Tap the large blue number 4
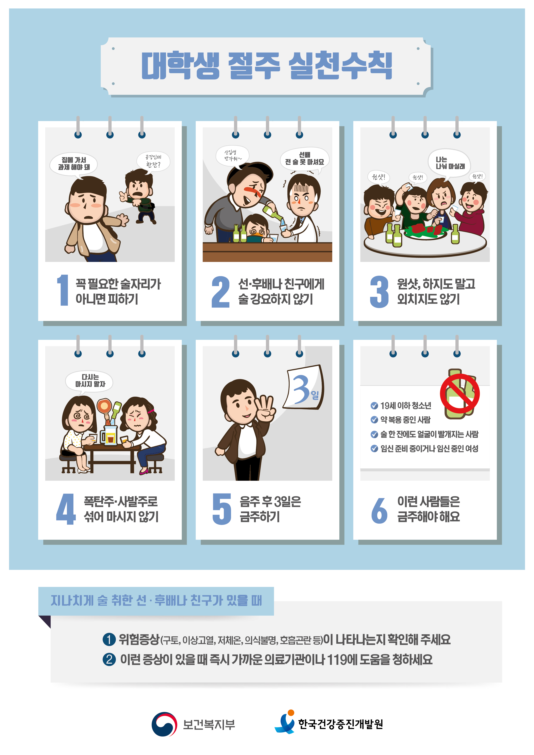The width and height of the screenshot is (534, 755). tap(66, 509)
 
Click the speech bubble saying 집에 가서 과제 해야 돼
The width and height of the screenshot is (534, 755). tap(74, 164)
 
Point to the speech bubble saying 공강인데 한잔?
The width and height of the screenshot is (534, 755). tap(153, 161)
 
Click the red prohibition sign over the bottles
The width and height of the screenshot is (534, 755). tap(460, 393)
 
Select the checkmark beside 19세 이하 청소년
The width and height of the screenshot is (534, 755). tap(374, 405)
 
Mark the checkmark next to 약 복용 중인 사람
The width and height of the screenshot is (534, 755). tap(374, 420)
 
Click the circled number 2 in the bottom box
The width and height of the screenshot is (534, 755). tap(109, 659)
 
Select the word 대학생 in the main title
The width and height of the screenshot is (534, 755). tap(180, 65)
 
